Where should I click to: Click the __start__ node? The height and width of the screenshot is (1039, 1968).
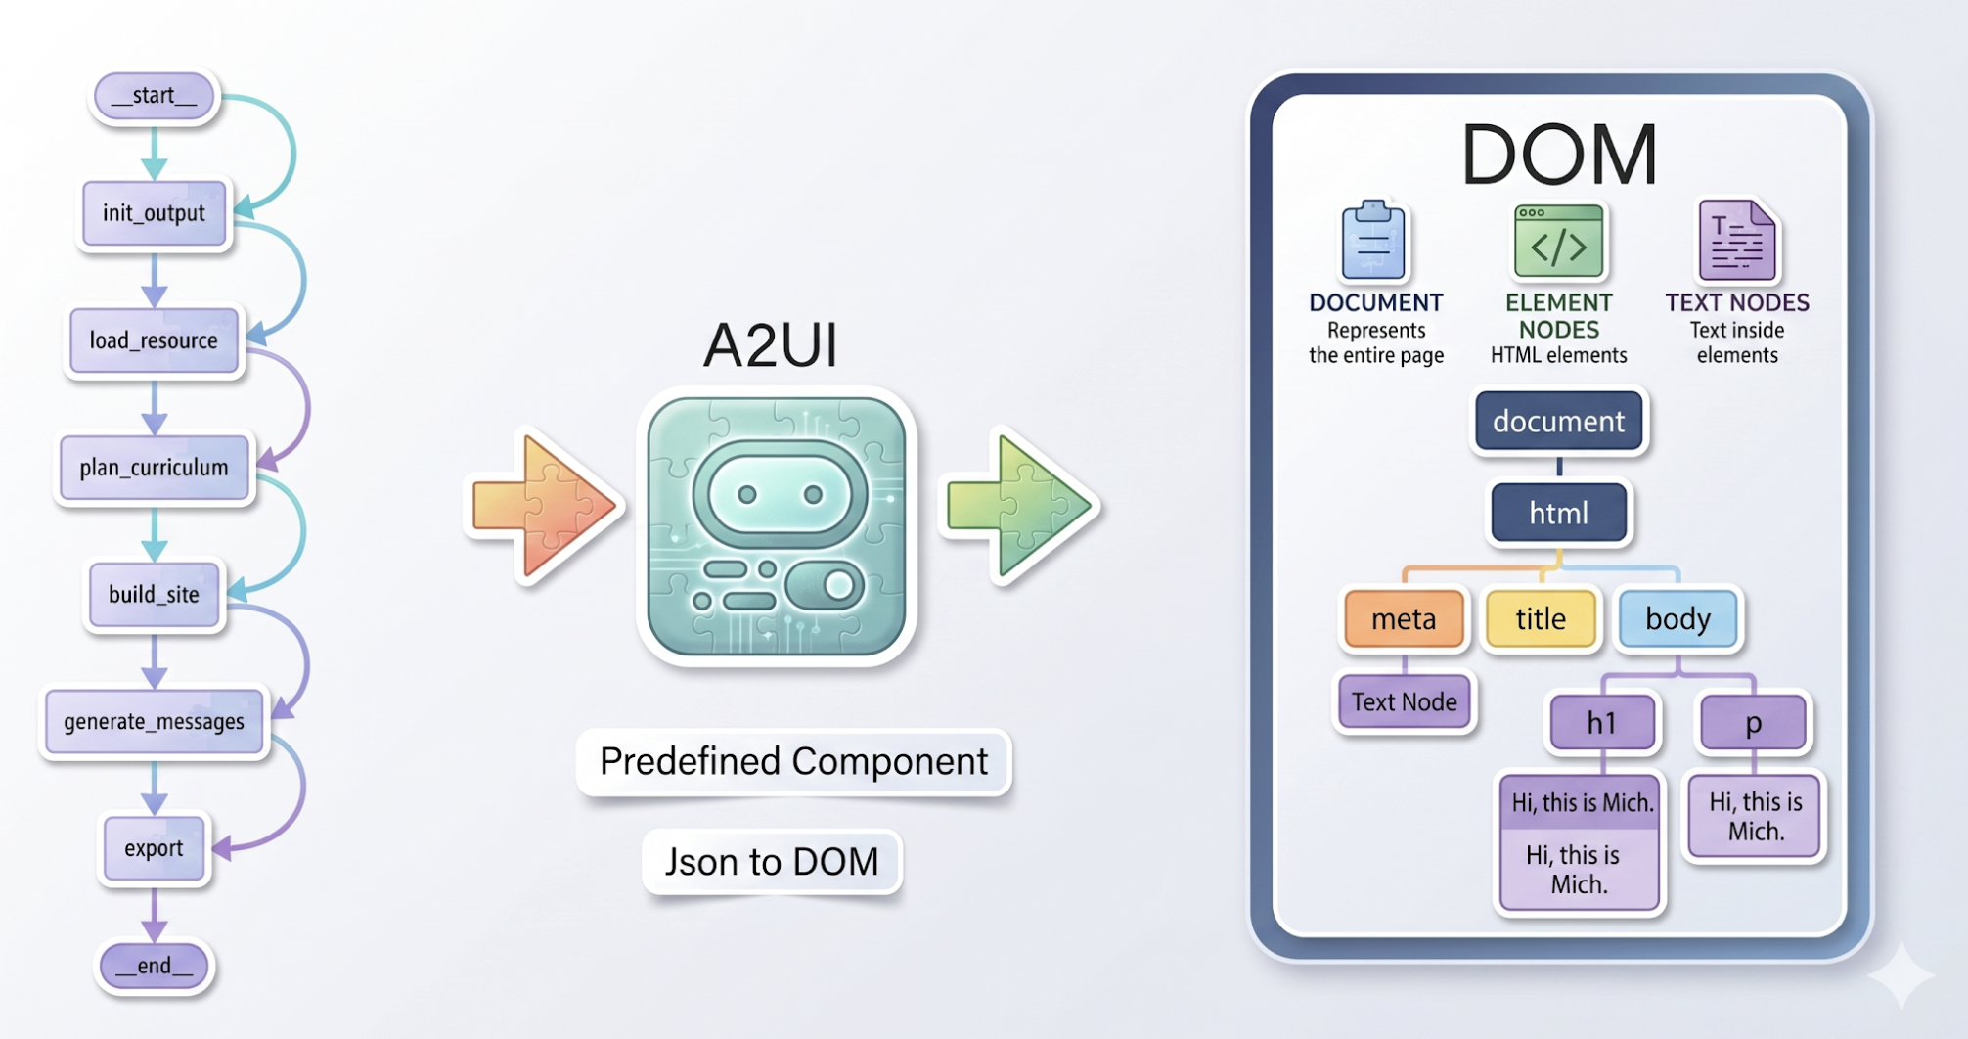[x=154, y=96]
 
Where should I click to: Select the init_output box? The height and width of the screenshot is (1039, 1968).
[x=155, y=212]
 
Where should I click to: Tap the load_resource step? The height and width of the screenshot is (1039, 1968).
[x=154, y=339]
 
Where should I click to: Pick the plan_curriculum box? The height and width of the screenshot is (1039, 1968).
[x=154, y=467]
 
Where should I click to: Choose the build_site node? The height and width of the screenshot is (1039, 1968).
[x=154, y=594]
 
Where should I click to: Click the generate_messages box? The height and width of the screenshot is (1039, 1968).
[x=154, y=721]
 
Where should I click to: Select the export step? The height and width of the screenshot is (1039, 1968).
[x=154, y=847]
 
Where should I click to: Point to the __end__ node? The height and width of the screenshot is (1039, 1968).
[x=154, y=966]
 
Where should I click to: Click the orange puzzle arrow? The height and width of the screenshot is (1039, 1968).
[x=544, y=506]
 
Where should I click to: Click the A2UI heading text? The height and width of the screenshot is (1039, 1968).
[x=771, y=344]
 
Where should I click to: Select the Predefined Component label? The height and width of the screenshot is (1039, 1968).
[x=793, y=761]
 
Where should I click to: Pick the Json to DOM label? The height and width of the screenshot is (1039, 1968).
[x=772, y=861]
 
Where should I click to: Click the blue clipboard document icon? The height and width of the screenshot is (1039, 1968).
[x=1373, y=241]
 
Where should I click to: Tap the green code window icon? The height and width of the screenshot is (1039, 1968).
[x=1558, y=241]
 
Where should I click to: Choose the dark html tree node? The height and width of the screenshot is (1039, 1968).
[x=1558, y=512]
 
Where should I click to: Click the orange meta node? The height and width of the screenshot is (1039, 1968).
[x=1404, y=618]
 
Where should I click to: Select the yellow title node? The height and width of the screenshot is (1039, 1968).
[x=1541, y=618]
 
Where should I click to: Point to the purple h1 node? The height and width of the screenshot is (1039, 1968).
[x=1601, y=722]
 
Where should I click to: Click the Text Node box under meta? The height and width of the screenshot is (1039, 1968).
[x=1404, y=700]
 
